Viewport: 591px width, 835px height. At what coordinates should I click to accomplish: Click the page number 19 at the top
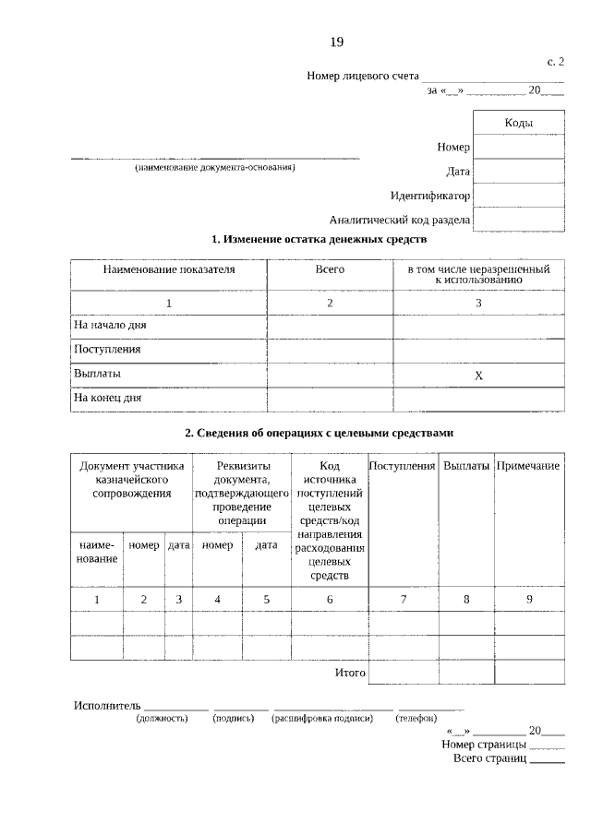(x=337, y=42)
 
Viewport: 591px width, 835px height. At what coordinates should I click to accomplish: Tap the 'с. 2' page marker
(x=555, y=62)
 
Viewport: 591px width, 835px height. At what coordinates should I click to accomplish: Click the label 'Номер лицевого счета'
(x=363, y=77)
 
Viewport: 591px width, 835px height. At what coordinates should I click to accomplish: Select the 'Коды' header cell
(x=518, y=123)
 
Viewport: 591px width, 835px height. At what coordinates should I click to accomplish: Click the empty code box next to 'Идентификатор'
(x=518, y=196)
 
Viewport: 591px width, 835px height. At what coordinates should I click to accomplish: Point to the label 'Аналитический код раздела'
(x=400, y=220)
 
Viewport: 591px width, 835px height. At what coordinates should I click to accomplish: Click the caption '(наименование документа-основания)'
(x=214, y=169)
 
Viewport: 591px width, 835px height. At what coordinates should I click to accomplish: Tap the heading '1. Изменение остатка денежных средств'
(x=319, y=240)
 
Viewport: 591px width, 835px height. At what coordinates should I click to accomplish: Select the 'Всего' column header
(x=330, y=269)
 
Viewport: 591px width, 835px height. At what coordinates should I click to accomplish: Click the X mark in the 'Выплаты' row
(x=478, y=376)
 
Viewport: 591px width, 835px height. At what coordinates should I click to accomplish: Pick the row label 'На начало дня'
(x=110, y=326)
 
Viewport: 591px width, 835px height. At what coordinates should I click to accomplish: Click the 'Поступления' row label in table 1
(x=107, y=350)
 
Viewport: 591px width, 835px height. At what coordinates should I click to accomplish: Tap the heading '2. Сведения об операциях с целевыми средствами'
(x=319, y=433)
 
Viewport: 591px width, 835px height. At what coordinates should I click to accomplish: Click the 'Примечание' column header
(x=528, y=466)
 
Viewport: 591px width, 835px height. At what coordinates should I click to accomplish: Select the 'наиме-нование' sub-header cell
(x=97, y=552)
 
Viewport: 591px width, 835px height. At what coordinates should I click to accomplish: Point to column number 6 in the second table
(x=330, y=600)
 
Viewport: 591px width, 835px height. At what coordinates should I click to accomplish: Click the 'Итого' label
(x=350, y=673)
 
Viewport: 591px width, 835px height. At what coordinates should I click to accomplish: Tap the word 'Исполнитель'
(x=106, y=706)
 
